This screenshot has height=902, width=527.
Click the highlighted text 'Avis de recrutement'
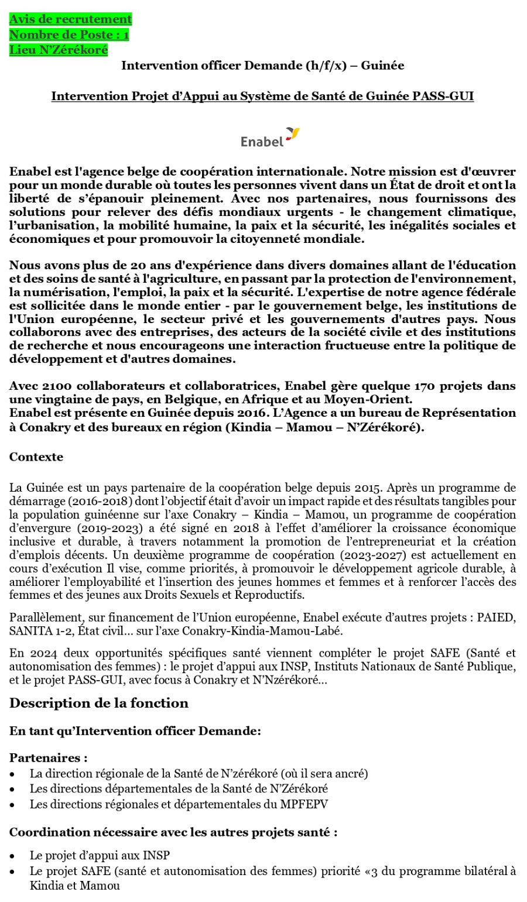[70, 19]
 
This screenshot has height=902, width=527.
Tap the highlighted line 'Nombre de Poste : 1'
[69, 35]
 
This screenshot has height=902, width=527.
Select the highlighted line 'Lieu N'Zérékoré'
[59, 50]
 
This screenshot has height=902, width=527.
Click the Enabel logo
[270, 138]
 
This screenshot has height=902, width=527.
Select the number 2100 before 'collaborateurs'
[57, 386]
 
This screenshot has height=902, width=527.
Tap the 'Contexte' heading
[36, 457]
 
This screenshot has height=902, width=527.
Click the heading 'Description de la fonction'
[99, 703]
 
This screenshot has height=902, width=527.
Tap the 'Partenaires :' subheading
[49, 758]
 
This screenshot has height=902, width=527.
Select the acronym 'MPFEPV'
[304, 804]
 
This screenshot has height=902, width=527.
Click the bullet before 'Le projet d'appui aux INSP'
[13, 856]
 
